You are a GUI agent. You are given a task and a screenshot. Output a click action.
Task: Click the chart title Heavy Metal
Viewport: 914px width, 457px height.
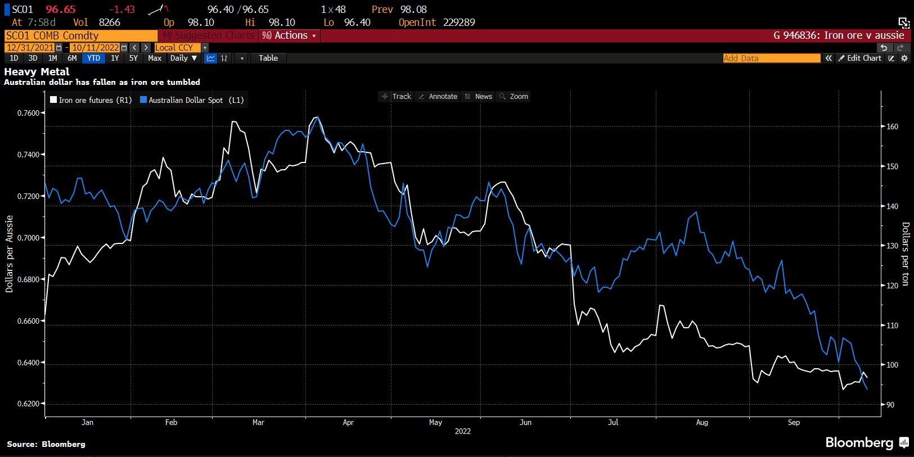coord(37,72)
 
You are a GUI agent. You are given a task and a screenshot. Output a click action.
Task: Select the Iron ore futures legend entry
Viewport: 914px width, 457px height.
coord(91,100)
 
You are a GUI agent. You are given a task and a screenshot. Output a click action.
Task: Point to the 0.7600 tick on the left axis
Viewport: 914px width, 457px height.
coord(28,113)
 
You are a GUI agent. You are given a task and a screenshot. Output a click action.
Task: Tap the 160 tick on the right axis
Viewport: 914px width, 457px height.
coord(892,126)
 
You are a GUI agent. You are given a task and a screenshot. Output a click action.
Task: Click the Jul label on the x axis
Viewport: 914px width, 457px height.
coord(613,422)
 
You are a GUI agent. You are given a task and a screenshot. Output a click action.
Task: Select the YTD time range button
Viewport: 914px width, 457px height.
coord(93,58)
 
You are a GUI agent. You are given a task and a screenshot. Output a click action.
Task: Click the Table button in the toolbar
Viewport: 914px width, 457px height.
coord(268,58)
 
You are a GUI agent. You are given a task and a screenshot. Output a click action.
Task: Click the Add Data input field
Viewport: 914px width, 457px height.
coord(771,58)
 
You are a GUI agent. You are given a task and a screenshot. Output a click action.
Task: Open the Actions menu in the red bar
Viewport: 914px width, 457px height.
coord(290,35)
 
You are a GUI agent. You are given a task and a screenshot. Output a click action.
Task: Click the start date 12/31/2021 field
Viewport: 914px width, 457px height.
coord(30,48)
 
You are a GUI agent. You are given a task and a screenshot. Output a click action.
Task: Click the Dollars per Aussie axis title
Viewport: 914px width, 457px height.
coord(9,254)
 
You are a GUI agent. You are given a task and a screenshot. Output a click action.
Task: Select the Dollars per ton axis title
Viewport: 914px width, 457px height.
coord(905,254)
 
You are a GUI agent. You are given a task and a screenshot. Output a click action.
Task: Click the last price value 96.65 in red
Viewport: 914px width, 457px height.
coord(61,10)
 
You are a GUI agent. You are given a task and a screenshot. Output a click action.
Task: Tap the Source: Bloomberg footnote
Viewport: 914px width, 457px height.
coord(46,444)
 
